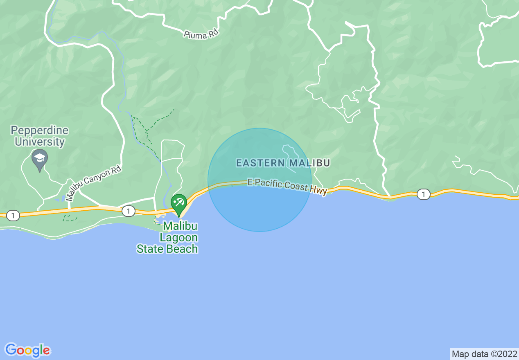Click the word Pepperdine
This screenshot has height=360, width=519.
(x=40, y=131)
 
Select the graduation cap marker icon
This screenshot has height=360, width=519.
(x=40, y=157)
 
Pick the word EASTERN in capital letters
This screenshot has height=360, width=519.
(x=260, y=163)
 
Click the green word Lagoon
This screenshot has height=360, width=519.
(x=179, y=238)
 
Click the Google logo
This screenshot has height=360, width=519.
(x=27, y=350)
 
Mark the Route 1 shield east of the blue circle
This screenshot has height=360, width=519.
(x=424, y=194)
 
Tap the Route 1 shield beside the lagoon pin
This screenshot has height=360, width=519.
(x=129, y=211)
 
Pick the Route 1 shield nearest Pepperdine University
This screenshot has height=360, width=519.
(x=13, y=215)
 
